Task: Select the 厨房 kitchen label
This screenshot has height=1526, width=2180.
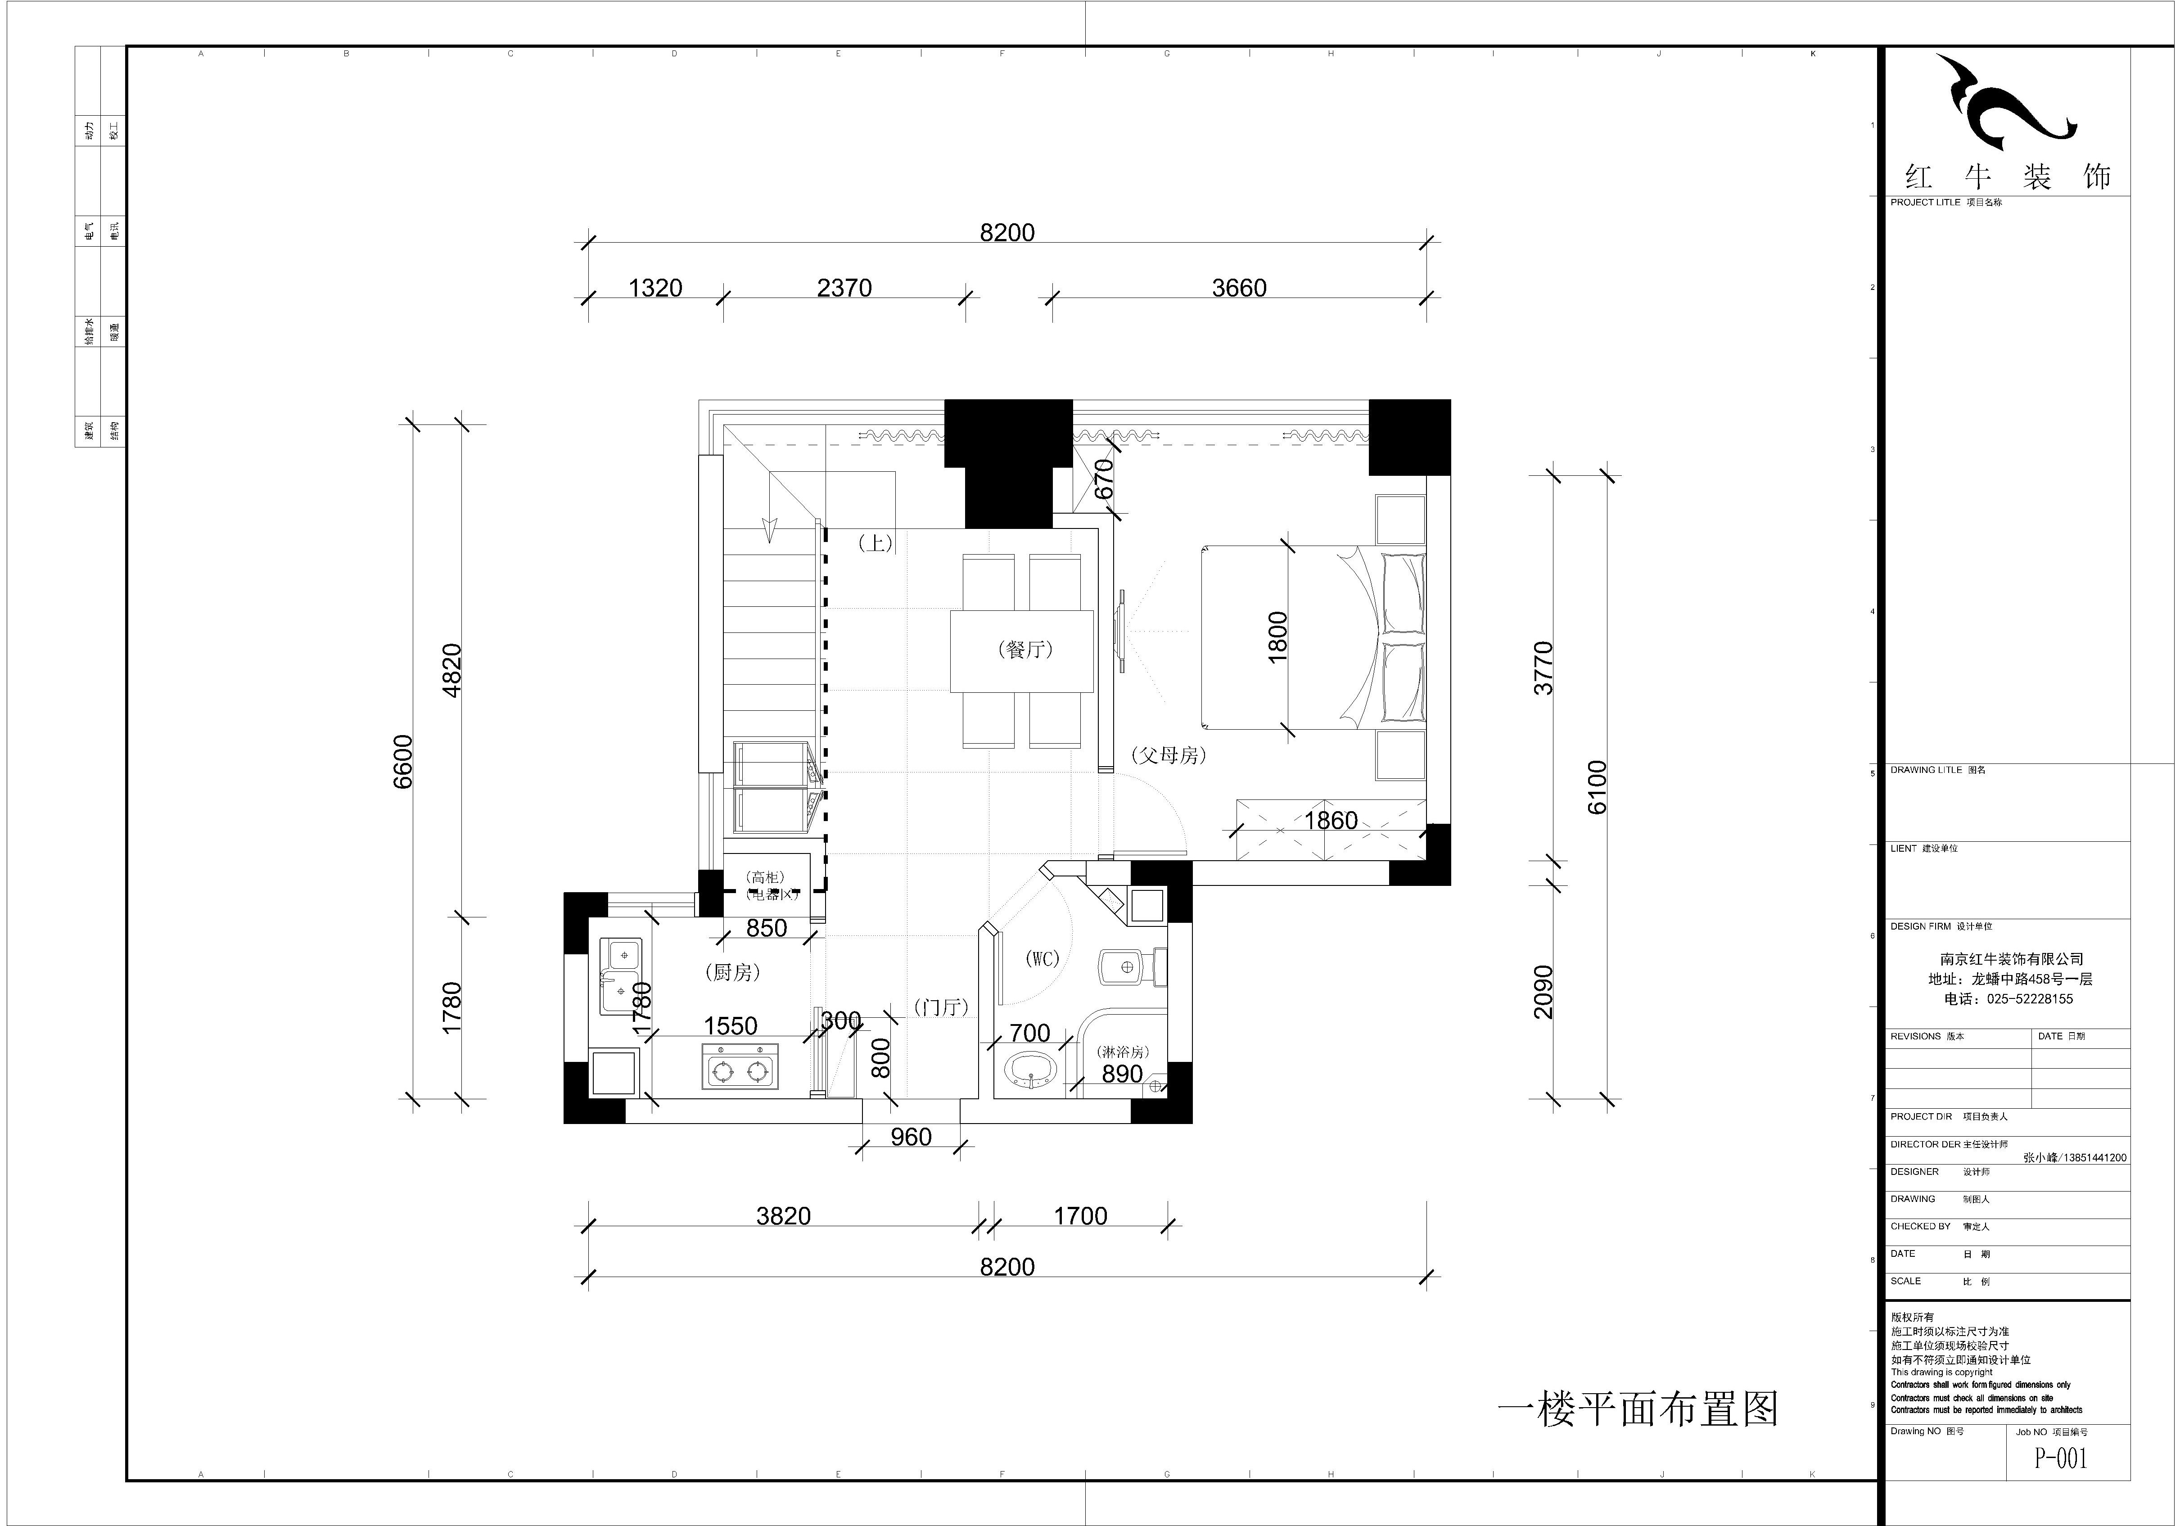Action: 733,972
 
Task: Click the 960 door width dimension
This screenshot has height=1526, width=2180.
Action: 911,1137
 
